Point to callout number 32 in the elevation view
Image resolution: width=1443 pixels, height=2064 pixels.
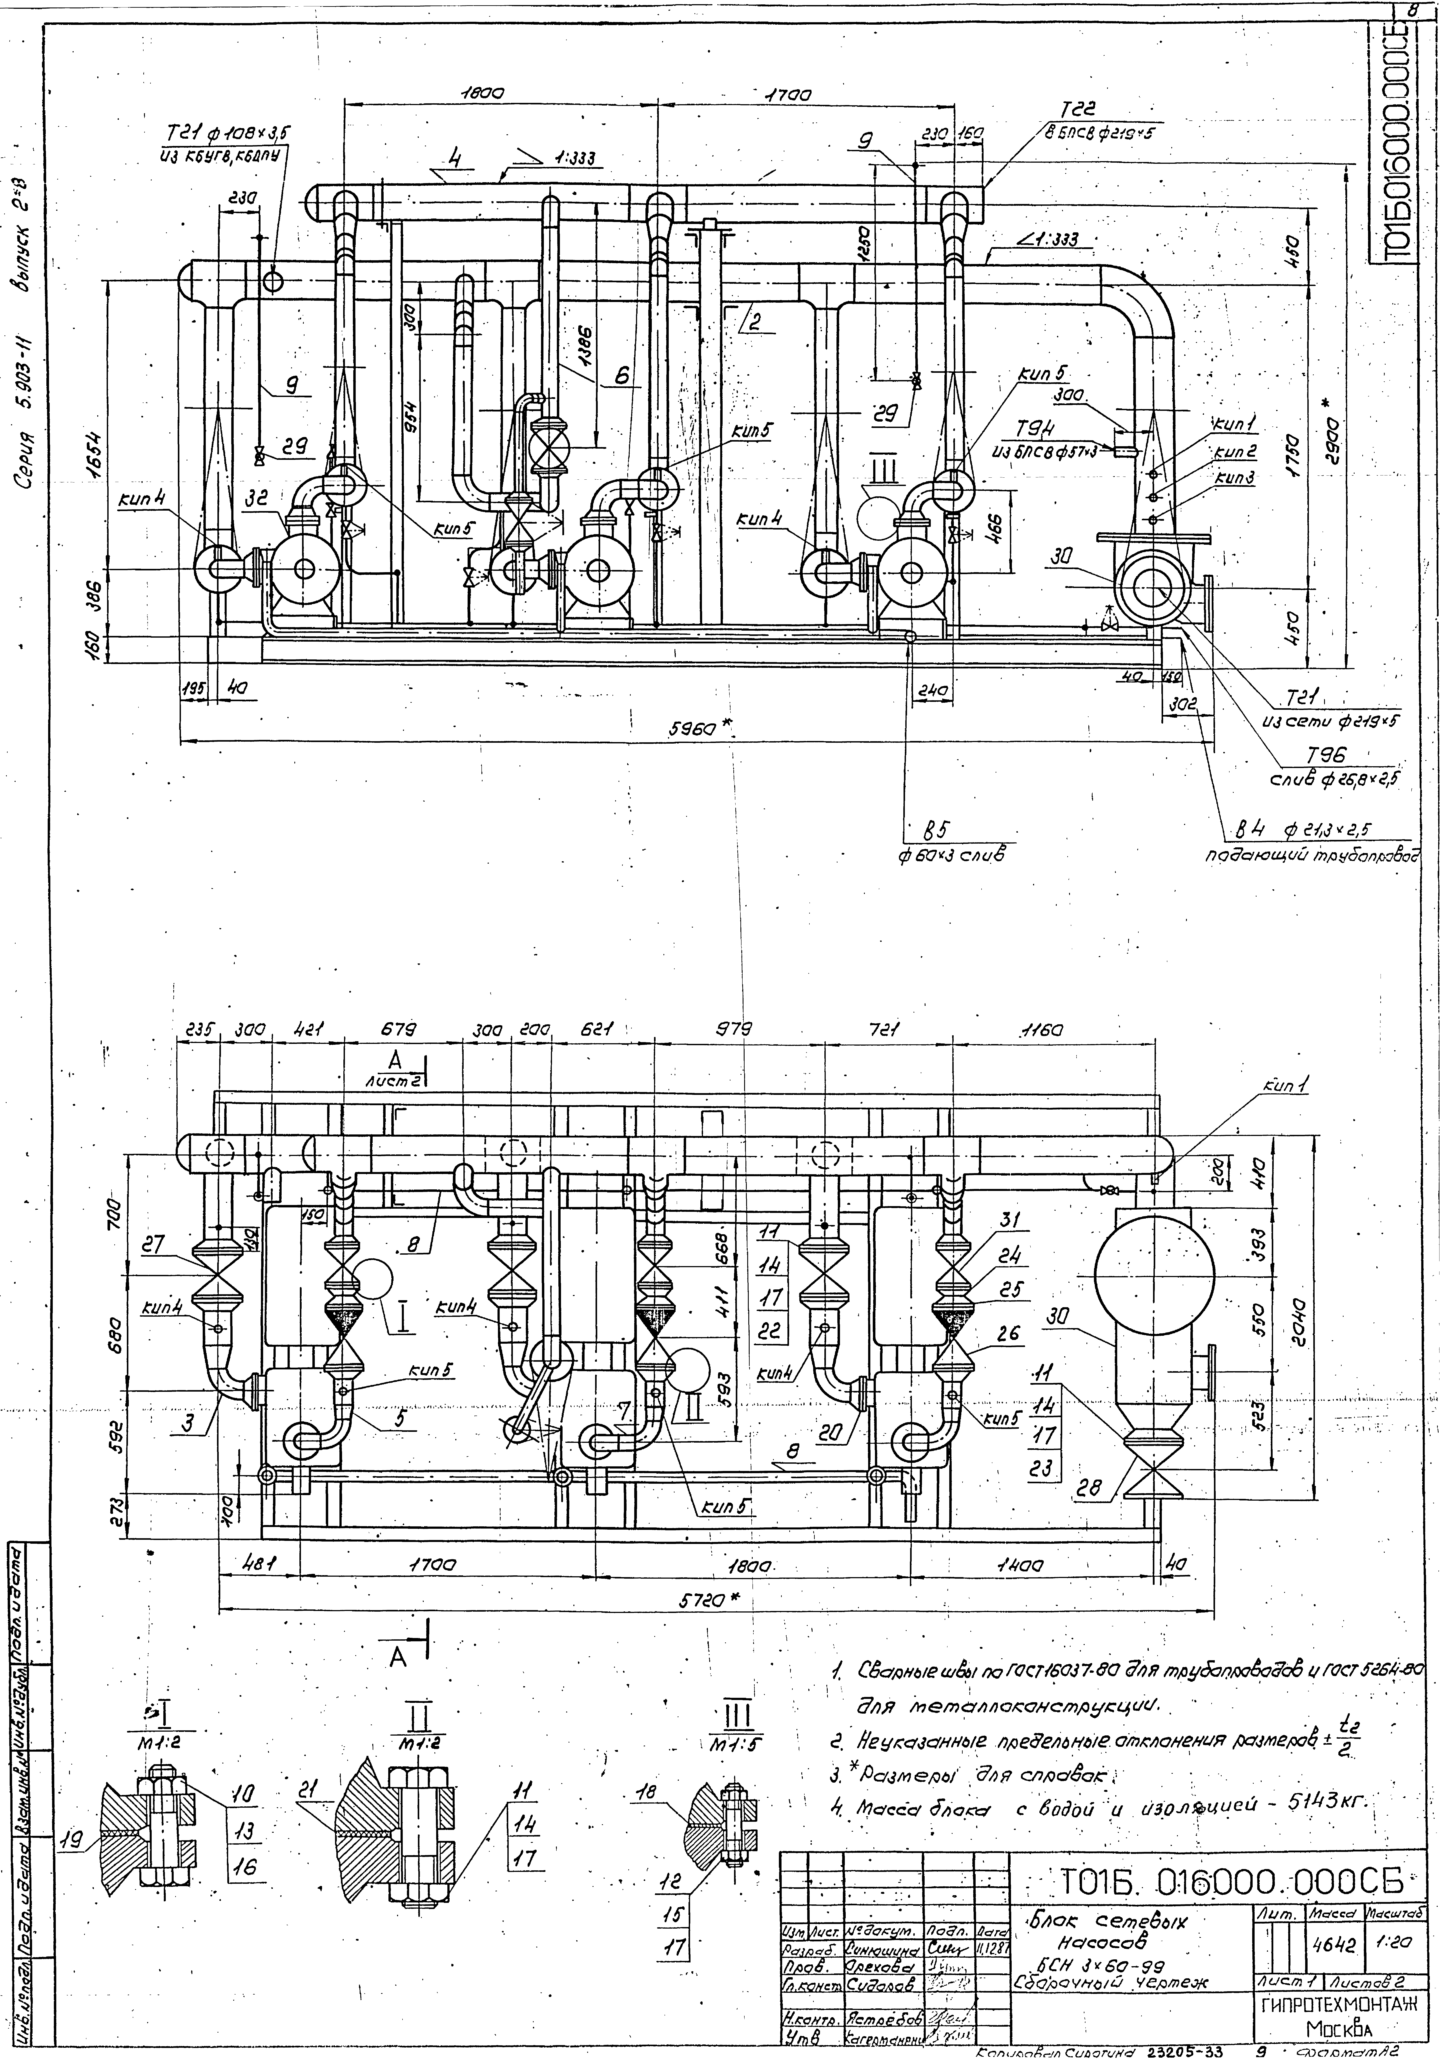[x=258, y=495]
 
